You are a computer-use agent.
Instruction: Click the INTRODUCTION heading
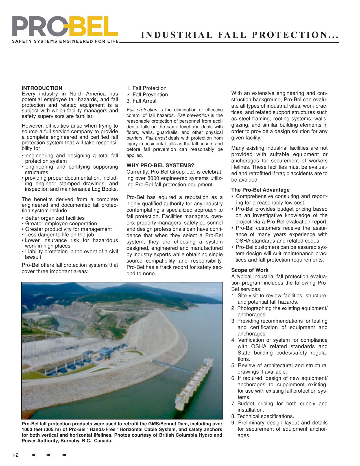(42, 88)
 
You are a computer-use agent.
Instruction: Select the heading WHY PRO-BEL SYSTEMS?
(161, 166)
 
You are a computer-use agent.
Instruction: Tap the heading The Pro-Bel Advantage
(260, 190)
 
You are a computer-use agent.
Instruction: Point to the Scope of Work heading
(250, 270)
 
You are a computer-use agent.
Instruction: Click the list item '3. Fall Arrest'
(141, 101)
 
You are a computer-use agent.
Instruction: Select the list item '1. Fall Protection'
(146, 88)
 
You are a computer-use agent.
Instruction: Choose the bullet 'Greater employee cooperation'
(61, 224)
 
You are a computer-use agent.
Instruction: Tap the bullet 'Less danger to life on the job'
(59, 235)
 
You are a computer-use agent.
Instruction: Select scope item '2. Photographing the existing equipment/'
(279, 308)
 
